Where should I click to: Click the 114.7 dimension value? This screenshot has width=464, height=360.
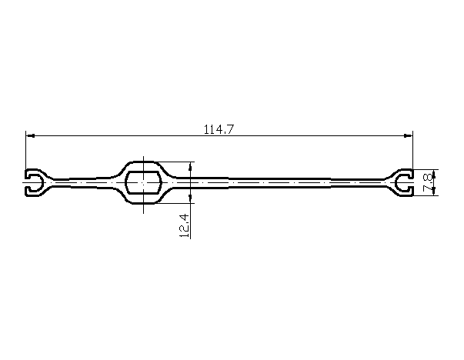(x=219, y=129)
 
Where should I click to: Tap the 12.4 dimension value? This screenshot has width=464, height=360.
(x=184, y=225)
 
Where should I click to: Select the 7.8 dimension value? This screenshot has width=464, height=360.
(x=427, y=183)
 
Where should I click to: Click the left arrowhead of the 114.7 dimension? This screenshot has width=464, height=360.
(x=31, y=136)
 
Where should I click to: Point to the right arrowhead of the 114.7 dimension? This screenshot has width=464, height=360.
(x=409, y=136)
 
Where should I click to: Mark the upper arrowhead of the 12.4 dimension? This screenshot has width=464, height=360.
(x=190, y=166)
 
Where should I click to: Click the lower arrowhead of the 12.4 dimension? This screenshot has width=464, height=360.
(x=190, y=198)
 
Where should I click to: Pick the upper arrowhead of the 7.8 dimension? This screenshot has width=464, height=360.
(x=435, y=175)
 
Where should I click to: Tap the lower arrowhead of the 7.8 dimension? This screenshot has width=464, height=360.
(x=435, y=191)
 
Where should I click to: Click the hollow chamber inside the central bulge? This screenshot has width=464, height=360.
(x=144, y=182)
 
